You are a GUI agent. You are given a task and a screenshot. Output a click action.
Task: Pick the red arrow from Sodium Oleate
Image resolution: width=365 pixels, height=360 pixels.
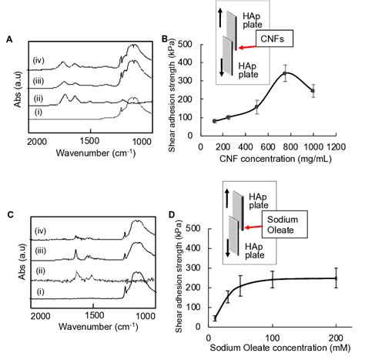[253, 227]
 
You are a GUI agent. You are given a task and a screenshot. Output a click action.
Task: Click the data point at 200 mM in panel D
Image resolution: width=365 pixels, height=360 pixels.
[336, 278]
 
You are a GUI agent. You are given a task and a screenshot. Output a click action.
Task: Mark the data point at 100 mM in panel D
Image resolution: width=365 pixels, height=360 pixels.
[273, 279]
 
